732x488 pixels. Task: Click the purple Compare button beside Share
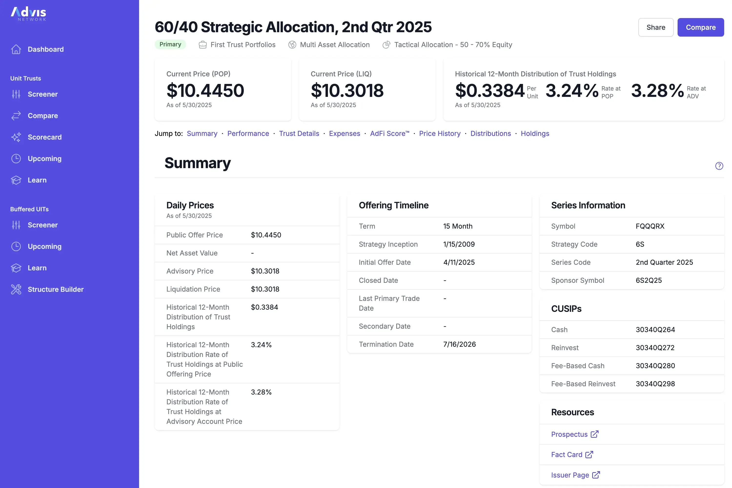coord(700,27)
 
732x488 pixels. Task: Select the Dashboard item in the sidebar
coord(45,49)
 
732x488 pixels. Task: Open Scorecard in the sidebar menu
coord(44,137)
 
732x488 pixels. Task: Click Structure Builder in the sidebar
coord(55,289)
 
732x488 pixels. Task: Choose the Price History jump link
coord(439,133)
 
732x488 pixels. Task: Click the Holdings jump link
coord(535,133)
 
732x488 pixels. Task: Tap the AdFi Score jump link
coord(389,133)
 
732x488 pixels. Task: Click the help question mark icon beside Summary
coord(719,166)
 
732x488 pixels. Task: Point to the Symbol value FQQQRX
coord(650,226)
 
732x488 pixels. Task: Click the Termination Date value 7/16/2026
coord(459,344)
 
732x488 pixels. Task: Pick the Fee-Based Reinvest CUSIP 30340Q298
coord(655,384)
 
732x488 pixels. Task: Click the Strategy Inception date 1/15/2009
coord(459,244)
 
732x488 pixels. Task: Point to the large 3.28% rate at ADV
coord(657,91)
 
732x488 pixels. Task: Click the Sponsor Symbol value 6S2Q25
coord(649,280)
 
